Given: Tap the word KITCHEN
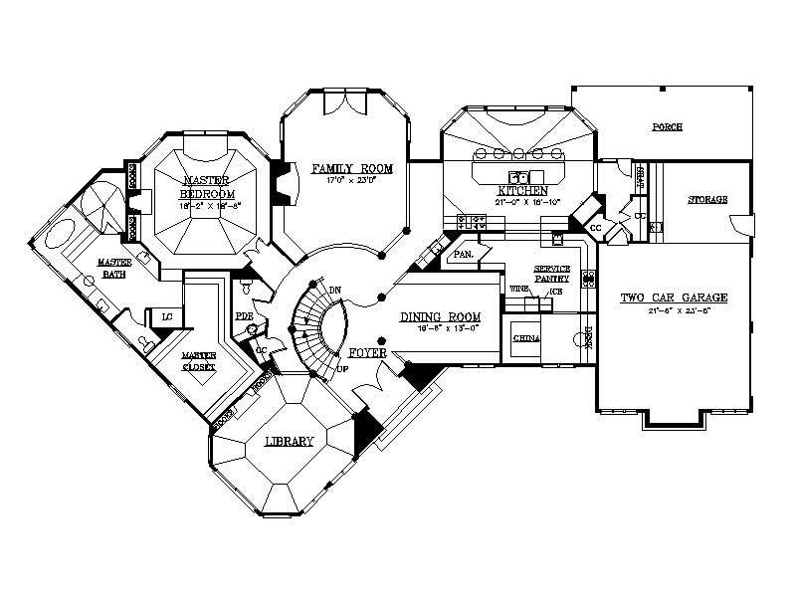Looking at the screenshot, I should (524, 189).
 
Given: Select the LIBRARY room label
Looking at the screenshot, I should (291, 442).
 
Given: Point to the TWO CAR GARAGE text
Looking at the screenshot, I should (676, 298).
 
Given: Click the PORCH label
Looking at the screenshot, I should (667, 128).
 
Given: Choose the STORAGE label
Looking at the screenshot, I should (707, 200).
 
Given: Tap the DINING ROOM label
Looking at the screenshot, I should (440, 317).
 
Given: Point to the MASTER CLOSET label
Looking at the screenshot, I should (197, 360).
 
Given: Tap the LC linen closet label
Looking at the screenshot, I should (168, 317).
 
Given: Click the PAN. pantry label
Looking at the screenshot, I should (462, 255).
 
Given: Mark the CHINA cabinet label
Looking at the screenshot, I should (525, 339).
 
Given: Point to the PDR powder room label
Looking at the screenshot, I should (242, 316).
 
